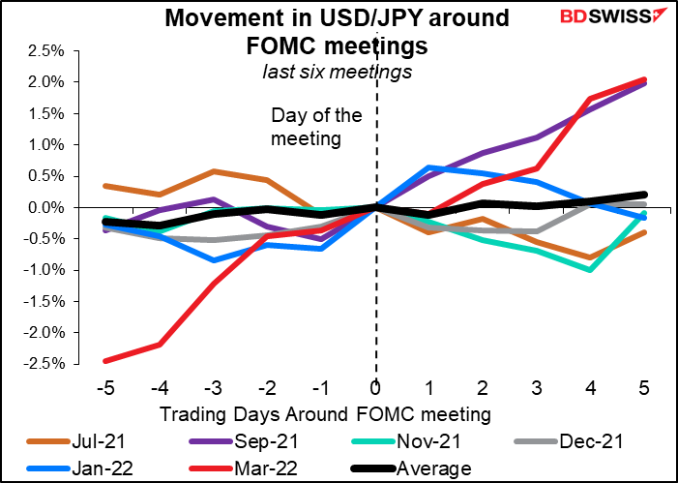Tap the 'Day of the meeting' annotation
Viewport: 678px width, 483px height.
pyautogui.click(x=316, y=126)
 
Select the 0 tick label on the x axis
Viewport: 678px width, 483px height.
pyautogui.click(x=375, y=385)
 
